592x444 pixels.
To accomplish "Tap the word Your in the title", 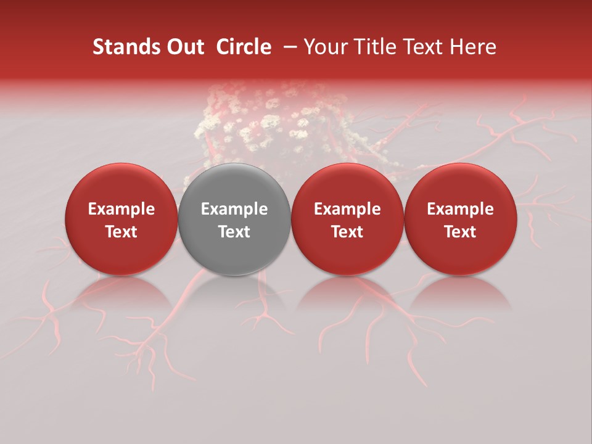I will click(x=326, y=47).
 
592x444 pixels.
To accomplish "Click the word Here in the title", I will click(x=472, y=47).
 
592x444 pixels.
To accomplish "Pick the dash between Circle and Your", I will click(x=288, y=47).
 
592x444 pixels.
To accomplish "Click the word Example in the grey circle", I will click(x=234, y=209).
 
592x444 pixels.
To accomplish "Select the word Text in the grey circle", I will click(x=234, y=232).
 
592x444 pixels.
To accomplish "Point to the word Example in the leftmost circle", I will click(x=121, y=209).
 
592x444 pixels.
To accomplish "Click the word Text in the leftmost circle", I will click(x=121, y=232).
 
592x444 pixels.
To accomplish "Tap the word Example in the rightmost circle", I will click(x=460, y=209).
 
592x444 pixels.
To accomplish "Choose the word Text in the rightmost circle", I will click(x=460, y=232).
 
